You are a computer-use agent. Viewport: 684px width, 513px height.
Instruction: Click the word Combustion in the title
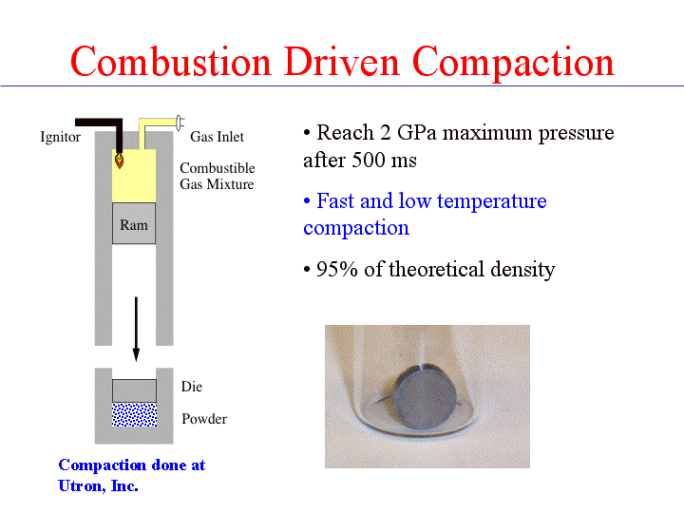[171, 62]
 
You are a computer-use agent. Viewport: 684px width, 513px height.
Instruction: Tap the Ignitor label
[60, 137]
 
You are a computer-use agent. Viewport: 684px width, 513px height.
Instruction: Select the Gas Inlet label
[217, 137]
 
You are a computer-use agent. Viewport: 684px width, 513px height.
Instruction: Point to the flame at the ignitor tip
[119, 160]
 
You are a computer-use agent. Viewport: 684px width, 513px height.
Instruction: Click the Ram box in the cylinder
[134, 223]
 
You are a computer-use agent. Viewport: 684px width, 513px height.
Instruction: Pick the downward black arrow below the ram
[136, 330]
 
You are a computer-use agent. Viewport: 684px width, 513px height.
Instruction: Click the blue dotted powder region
[134, 414]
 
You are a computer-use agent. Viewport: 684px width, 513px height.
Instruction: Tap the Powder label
[204, 419]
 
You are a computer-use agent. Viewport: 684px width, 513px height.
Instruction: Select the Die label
[192, 387]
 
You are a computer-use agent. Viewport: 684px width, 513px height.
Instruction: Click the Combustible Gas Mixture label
[218, 176]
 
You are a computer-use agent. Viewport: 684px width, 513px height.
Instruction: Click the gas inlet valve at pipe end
[180, 123]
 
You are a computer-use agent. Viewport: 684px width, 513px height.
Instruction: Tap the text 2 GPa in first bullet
[408, 133]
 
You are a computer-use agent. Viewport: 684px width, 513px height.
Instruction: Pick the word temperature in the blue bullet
[492, 201]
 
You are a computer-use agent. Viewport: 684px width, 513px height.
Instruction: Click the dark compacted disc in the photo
[426, 396]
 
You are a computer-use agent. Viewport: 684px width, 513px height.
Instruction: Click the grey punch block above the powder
[134, 390]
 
